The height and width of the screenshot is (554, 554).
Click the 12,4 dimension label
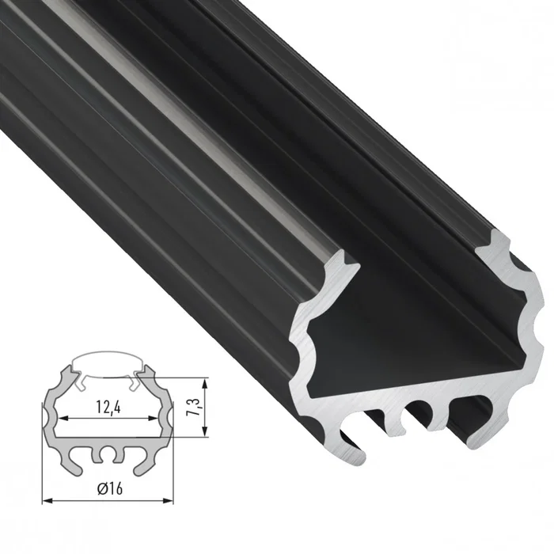click(106, 410)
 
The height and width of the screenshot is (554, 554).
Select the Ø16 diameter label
click(107, 489)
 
